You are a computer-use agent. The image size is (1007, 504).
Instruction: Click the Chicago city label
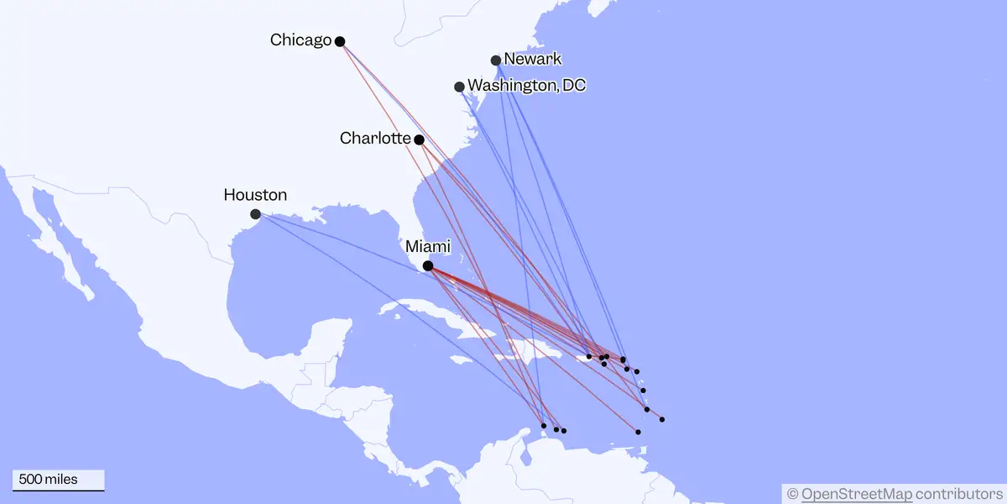[300, 39]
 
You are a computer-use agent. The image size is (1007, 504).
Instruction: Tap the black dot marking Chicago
[340, 41]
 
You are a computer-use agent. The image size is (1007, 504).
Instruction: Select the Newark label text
[533, 59]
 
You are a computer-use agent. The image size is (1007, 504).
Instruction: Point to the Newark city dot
[496, 60]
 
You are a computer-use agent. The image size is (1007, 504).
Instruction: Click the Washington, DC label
[526, 86]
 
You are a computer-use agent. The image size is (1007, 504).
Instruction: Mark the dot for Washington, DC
[459, 87]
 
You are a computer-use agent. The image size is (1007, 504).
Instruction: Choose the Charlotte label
[375, 138]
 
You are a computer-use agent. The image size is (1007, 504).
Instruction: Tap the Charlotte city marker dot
[419, 139]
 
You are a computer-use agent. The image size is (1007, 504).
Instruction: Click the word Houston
[255, 195]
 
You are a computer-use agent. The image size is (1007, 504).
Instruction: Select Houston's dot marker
[255, 214]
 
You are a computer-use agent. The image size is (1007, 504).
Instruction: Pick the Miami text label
[428, 247]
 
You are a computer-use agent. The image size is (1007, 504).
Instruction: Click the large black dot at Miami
[428, 266]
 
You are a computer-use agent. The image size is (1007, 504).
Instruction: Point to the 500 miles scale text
[49, 480]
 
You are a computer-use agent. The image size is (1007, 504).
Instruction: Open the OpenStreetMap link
[856, 493]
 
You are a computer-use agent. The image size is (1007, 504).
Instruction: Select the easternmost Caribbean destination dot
[662, 419]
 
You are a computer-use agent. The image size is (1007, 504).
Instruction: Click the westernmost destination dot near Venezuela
[544, 426]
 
